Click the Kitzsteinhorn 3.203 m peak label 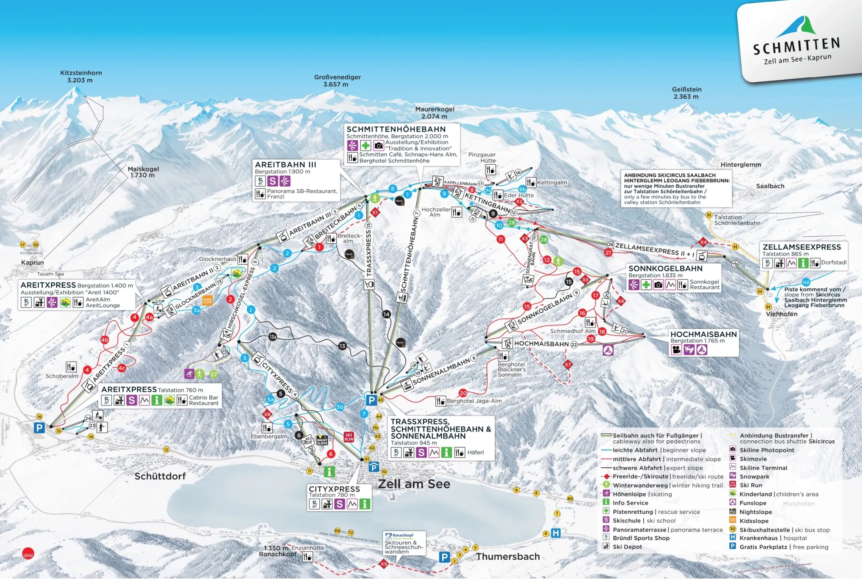point(81,76)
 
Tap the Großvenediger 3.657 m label point(337,81)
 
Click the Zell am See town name point(414,484)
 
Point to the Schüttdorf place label point(160,476)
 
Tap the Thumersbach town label point(507,556)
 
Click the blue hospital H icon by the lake point(555,533)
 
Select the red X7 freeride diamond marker point(568,364)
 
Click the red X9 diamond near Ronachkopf point(384,564)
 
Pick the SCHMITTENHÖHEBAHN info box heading point(396,129)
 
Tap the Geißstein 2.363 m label point(686,93)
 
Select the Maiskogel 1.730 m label point(143,172)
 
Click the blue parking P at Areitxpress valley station point(39,428)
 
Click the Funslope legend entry point(752,503)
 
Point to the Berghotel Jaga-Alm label point(474,401)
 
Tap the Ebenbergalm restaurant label point(269,436)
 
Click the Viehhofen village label point(781,314)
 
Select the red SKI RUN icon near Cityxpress point(349,437)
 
